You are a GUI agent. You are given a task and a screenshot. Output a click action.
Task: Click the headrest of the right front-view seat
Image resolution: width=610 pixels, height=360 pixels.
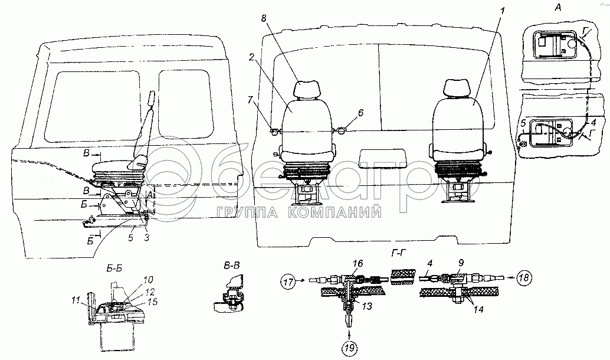(455, 89)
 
